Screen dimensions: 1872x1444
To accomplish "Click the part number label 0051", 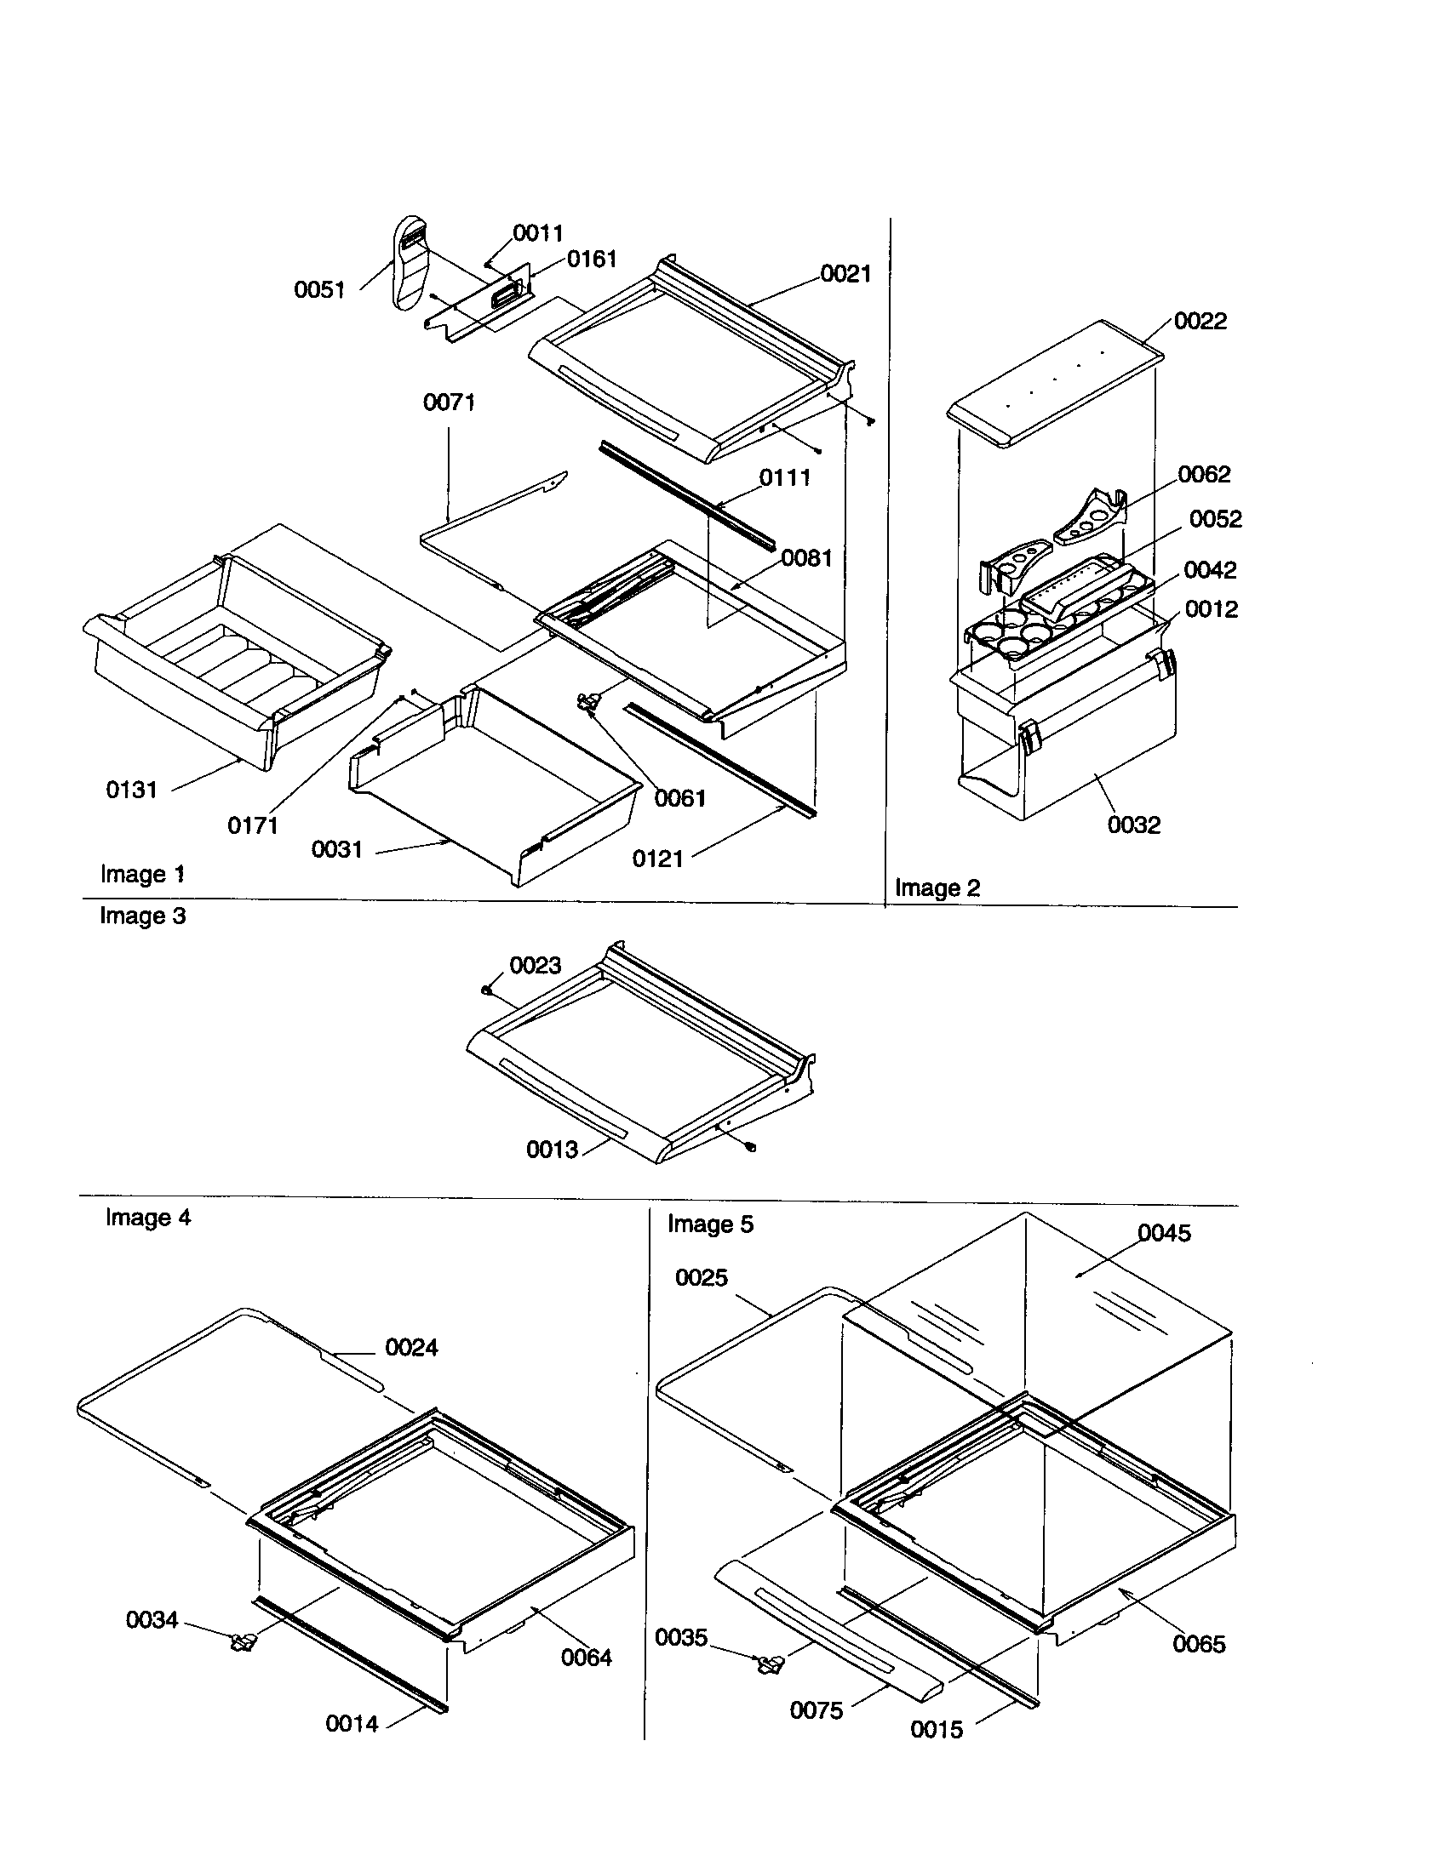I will tap(319, 289).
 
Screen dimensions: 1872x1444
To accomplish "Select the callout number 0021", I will tap(845, 273).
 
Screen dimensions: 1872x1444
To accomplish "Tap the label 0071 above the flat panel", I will tap(449, 402).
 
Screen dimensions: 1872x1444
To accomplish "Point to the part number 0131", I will tap(131, 790).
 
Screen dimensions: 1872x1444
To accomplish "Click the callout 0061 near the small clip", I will tap(680, 798).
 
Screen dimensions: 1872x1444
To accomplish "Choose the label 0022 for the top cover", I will tap(1200, 321).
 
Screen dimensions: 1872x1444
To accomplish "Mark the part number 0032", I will tap(1133, 825).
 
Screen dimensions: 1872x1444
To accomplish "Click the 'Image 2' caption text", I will tap(937, 887).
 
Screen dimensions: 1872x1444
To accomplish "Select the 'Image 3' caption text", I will tap(142, 916).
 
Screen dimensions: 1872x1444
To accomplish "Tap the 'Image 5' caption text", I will tap(710, 1224).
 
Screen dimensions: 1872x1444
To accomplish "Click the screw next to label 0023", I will tap(487, 989).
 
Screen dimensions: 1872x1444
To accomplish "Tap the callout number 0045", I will tap(1164, 1233).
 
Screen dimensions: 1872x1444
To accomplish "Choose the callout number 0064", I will tap(586, 1657).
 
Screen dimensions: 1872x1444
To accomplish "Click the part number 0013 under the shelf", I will tap(552, 1150).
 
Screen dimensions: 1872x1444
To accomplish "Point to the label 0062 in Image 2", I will tap(1203, 474).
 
